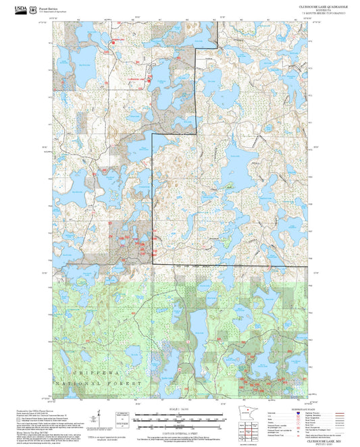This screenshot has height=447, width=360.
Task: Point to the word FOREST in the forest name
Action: [130, 383]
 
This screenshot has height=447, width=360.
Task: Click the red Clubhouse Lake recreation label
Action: [137, 79]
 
